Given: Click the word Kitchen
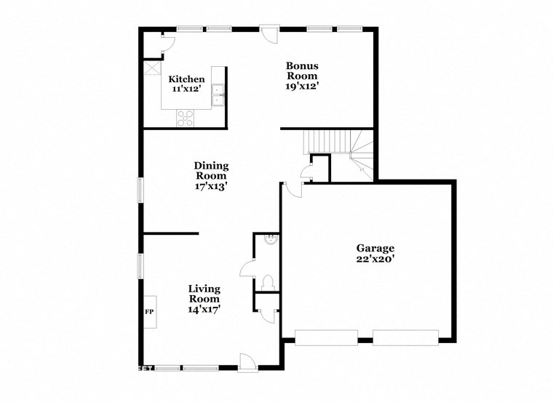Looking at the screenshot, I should pyautogui.click(x=186, y=79).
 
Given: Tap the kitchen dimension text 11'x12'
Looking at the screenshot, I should pyautogui.click(x=186, y=89).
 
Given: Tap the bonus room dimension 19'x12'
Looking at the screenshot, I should pyautogui.click(x=301, y=86).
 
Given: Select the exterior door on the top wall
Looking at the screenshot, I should pyautogui.click(x=268, y=33).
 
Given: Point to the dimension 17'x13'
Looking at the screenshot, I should pyautogui.click(x=211, y=185).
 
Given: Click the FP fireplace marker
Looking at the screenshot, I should pyautogui.click(x=150, y=312).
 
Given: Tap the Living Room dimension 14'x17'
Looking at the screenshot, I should pyautogui.click(x=204, y=309).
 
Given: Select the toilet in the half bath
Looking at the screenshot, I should pyautogui.click(x=267, y=281).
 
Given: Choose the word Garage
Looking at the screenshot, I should pyautogui.click(x=375, y=248).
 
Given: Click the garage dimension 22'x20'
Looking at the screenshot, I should pyautogui.click(x=375, y=259).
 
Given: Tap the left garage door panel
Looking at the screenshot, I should pyautogui.click(x=325, y=337).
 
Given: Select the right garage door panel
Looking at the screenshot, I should pyautogui.click(x=406, y=337).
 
